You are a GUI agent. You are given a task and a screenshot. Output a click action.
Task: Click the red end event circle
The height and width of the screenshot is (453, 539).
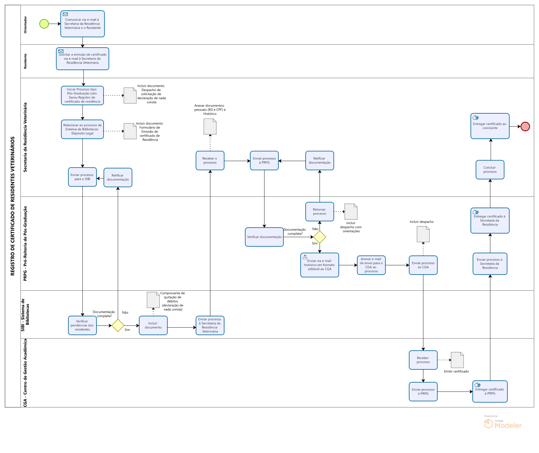click(525, 126)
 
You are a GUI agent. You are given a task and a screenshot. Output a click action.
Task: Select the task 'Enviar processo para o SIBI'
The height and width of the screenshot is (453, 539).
click(82, 177)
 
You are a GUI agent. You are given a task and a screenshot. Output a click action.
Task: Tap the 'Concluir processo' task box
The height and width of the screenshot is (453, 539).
click(490, 169)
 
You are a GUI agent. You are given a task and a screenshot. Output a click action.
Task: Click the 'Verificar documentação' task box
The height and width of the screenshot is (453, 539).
click(264, 237)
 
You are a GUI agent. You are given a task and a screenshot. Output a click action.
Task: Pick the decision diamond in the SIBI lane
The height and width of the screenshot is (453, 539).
click(118, 325)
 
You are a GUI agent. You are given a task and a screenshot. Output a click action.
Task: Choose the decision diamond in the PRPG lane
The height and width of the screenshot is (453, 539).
click(320, 237)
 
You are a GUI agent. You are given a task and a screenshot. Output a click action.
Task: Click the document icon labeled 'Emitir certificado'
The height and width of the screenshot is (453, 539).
click(457, 360)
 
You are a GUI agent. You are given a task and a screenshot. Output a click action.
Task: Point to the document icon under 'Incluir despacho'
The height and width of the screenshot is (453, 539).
click(423, 234)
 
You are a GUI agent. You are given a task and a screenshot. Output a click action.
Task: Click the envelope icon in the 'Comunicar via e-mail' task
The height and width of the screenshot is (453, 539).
click(65, 14)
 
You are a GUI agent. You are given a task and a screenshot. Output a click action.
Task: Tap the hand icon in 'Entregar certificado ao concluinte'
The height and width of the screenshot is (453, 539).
click(476, 118)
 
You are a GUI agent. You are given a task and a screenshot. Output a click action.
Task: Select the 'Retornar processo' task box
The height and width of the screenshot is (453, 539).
click(320, 212)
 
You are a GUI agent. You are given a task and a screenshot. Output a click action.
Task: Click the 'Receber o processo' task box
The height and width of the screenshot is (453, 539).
click(210, 161)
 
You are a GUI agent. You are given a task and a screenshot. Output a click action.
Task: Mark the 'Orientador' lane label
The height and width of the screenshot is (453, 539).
click(25, 25)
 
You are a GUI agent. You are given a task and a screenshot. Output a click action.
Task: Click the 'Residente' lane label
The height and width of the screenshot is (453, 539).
click(25, 61)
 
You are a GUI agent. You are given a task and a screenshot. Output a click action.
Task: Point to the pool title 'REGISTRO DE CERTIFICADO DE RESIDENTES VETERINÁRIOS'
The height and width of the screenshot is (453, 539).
click(13, 206)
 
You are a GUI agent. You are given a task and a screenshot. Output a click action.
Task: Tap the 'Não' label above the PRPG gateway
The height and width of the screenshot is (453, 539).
click(315, 229)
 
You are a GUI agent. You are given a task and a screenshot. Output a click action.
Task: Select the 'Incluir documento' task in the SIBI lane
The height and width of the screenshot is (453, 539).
click(153, 325)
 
